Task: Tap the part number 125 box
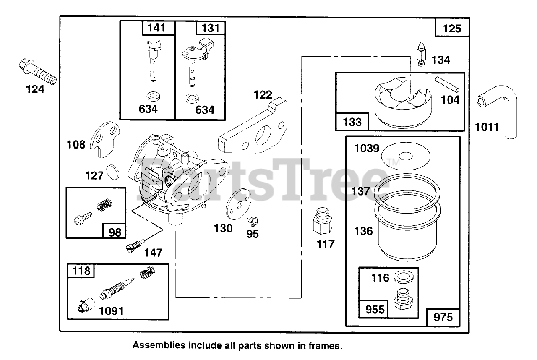(x=451, y=29)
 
